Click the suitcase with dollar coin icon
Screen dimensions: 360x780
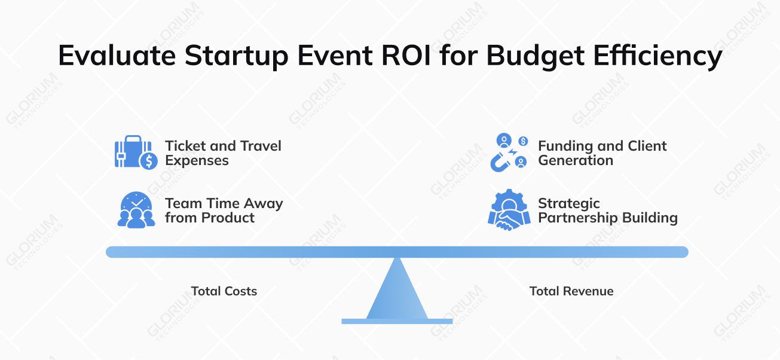coord(136,153)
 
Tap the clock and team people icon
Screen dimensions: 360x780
coord(136,210)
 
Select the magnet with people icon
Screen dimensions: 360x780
coord(509,153)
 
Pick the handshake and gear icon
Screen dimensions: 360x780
coord(509,209)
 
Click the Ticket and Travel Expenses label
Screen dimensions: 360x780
coord(223,153)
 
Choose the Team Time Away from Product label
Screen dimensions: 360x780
coord(224,210)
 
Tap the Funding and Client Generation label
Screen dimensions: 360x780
coord(602,153)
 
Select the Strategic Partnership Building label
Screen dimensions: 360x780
coord(607,210)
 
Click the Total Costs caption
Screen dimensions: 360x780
coord(224,291)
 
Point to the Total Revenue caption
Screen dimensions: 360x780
coord(571,291)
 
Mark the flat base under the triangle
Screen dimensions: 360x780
coord(397,321)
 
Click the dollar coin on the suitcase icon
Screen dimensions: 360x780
coord(148,160)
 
